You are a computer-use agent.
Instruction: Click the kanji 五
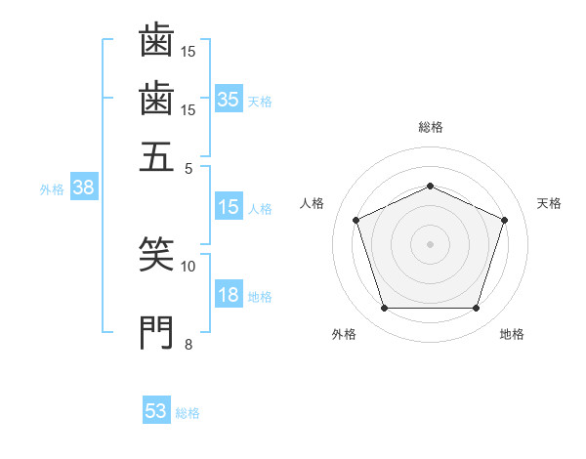[x=156, y=157]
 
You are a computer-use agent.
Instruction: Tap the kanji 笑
[x=156, y=253]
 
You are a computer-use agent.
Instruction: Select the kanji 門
[x=156, y=333]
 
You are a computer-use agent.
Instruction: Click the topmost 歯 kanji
[x=156, y=39]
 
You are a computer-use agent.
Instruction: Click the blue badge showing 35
[x=229, y=99]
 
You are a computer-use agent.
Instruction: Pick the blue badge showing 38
[x=84, y=187]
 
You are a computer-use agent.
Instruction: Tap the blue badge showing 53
[x=156, y=409]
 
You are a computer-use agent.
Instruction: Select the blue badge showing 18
[x=229, y=293]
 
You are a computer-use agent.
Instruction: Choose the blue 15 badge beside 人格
[x=229, y=206]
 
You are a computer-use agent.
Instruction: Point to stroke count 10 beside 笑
[x=188, y=267]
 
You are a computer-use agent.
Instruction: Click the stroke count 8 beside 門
[x=188, y=344]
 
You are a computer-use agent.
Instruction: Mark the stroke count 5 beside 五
[x=188, y=169]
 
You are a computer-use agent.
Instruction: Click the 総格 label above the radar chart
[x=431, y=127]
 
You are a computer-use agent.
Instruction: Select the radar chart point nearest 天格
[x=504, y=220]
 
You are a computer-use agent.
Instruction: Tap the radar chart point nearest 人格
[x=356, y=220]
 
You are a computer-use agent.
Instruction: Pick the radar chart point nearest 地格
[x=476, y=308]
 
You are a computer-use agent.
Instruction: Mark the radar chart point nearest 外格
[x=385, y=308]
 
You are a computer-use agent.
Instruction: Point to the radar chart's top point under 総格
[x=430, y=186]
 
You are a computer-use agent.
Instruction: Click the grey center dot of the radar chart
[x=430, y=244]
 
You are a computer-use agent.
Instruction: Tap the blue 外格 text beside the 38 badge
[x=52, y=189]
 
